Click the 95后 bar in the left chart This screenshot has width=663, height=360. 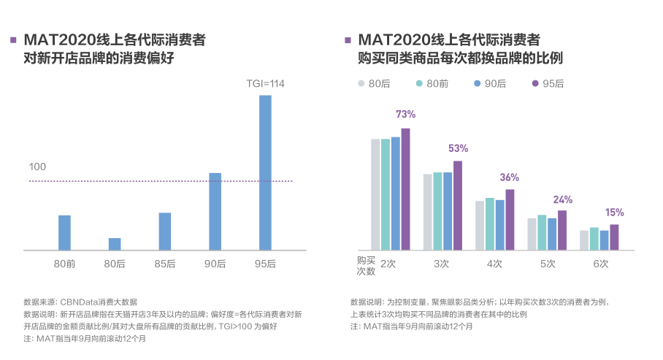pyautogui.click(x=265, y=173)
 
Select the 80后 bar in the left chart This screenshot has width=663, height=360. pyautogui.click(x=115, y=244)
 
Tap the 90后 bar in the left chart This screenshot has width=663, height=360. pyautogui.click(x=215, y=212)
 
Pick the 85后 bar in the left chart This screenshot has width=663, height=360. pyautogui.click(x=165, y=231)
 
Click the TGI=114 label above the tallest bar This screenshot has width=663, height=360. pyautogui.click(x=265, y=84)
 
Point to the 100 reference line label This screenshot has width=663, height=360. pyautogui.click(x=37, y=167)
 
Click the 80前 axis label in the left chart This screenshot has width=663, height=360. pyautogui.click(x=64, y=264)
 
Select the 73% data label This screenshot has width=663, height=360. pyautogui.click(x=405, y=115)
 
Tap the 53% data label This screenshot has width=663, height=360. pyautogui.click(x=458, y=148)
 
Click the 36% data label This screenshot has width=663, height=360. pyautogui.click(x=510, y=177)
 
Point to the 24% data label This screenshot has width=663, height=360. pyautogui.click(x=562, y=199)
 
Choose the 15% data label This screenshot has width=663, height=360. pyautogui.click(x=614, y=212)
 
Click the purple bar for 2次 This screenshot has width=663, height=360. pyautogui.click(x=405, y=190)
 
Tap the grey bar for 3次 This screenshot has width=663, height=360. pyautogui.click(x=428, y=212)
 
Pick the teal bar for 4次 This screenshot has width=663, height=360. pyautogui.click(x=490, y=224)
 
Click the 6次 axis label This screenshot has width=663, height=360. pyautogui.click(x=600, y=264)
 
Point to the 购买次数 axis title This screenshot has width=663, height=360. pyautogui.click(x=366, y=265)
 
